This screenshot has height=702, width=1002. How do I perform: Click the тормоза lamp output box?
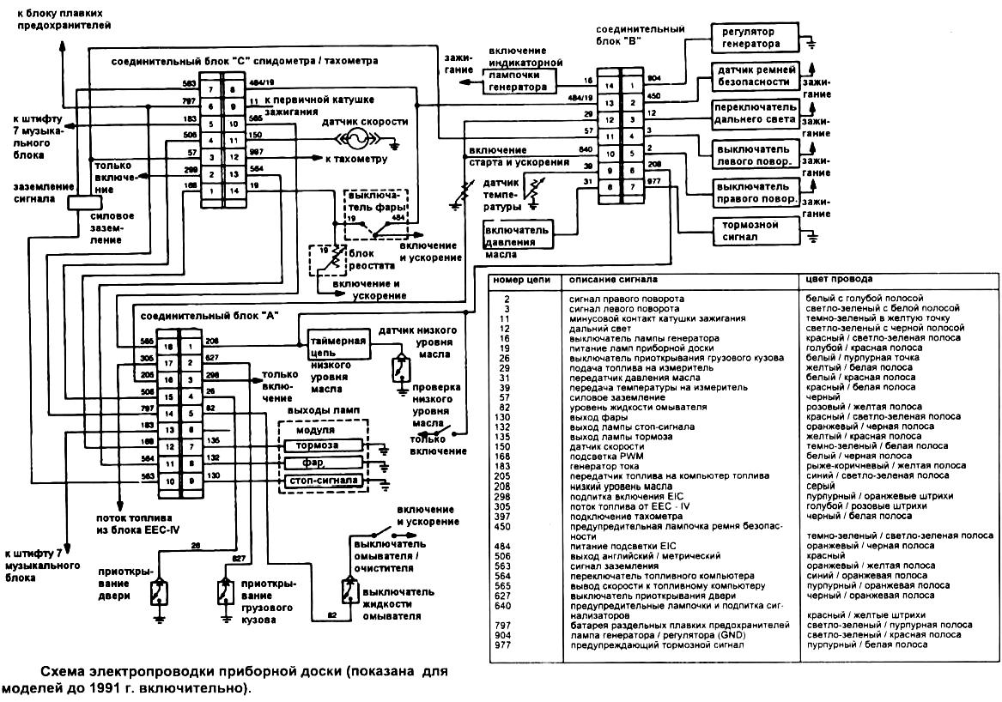(316, 446)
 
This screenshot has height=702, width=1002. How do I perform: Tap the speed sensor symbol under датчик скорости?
(354, 140)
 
